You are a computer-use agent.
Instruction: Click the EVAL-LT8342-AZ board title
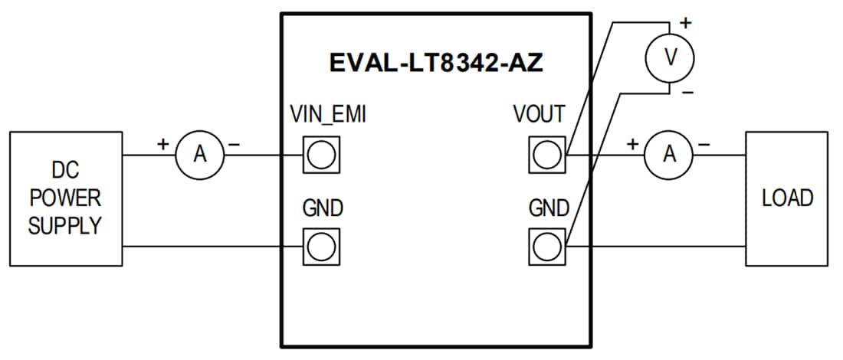pos(436,62)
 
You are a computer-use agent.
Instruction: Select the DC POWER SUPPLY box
pos(65,198)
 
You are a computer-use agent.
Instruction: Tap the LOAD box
pos(786,198)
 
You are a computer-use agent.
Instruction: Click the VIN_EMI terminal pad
pos(321,155)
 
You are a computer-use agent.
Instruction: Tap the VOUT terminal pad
pos(546,155)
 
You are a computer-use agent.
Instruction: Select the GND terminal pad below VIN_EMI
pos(321,247)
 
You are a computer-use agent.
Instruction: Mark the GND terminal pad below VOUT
pos(546,247)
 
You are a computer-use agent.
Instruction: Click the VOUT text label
pos(539,116)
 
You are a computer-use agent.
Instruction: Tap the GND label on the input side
pos(323,208)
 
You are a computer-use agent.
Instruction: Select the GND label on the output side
pos(547,208)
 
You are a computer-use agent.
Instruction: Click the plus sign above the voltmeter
pos(685,24)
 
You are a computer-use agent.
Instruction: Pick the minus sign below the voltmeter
pos(687,92)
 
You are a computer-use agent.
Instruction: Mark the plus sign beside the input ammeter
pos(162,143)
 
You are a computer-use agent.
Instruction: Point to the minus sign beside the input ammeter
pos(235,144)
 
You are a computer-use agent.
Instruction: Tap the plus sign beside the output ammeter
pos(632,143)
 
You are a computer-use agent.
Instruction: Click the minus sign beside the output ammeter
pos(704,144)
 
